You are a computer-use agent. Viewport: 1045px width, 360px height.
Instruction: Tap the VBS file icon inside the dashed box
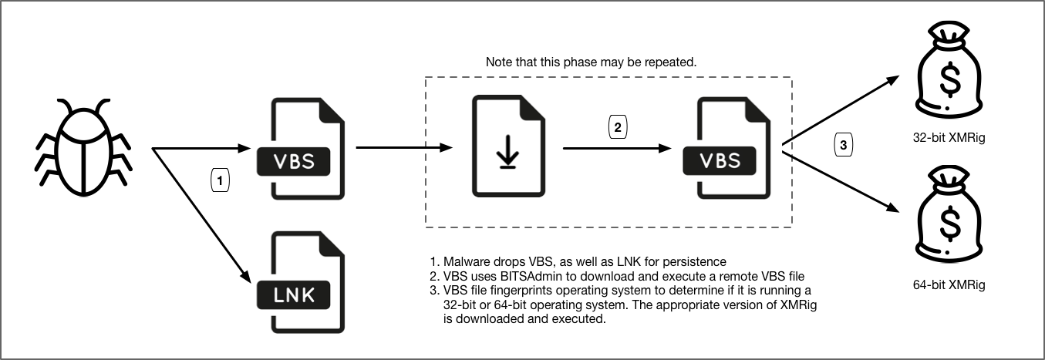[729, 148]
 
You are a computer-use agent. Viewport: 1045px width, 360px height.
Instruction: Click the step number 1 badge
[220, 180]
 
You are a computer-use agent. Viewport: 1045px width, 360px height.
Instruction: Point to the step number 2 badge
[619, 126]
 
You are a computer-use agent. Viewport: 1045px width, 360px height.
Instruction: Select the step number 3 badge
[844, 143]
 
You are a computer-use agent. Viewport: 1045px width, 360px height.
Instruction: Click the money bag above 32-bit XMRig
[948, 73]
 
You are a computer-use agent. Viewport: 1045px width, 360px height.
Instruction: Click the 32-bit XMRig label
[948, 139]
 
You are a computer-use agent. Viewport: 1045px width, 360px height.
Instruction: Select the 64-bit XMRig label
[948, 285]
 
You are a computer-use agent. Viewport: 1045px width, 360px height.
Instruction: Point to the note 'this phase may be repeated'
[592, 61]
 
